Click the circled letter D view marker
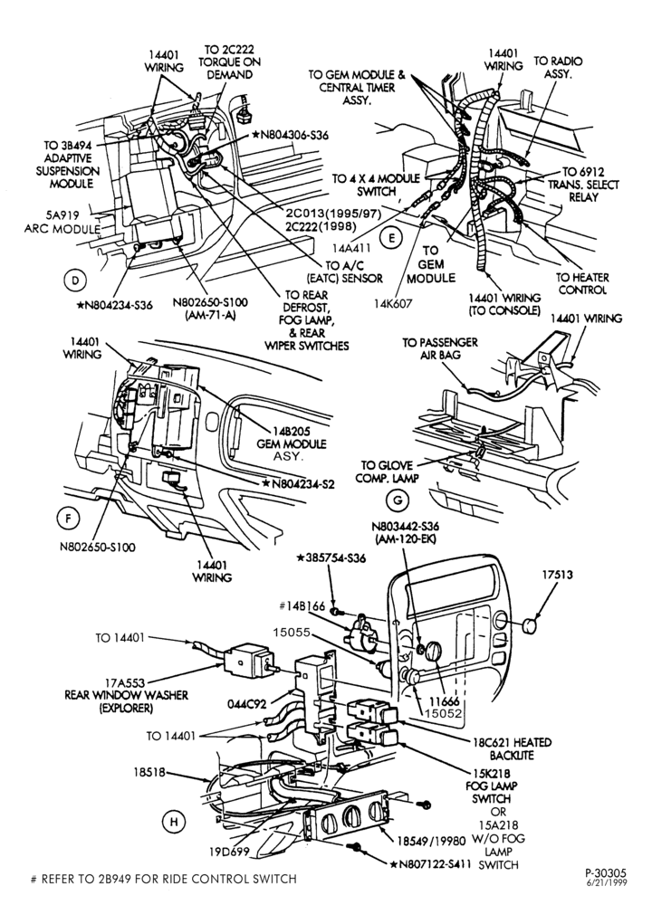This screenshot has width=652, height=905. pyautogui.click(x=74, y=281)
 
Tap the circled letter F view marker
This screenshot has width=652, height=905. pyautogui.click(x=68, y=519)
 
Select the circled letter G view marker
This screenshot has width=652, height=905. pyautogui.click(x=398, y=500)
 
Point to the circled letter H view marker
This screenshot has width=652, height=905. pyautogui.click(x=173, y=822)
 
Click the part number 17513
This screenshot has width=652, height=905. pyautogui.click(x=557, y=576)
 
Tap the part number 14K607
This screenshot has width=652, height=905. pyautogui.click(x=393, y=304)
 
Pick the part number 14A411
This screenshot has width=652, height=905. pyautogui.click(x=351, y=248)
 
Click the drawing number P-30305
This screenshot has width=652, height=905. pyautogui.click(x=605, y=874)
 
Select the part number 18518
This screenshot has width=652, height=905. pyautogui.click(x=149, y=772)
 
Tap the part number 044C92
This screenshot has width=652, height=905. pyautogui.click(x=246, y=704)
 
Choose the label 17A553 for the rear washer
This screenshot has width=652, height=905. pyautogui.click(x=125, y=683)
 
